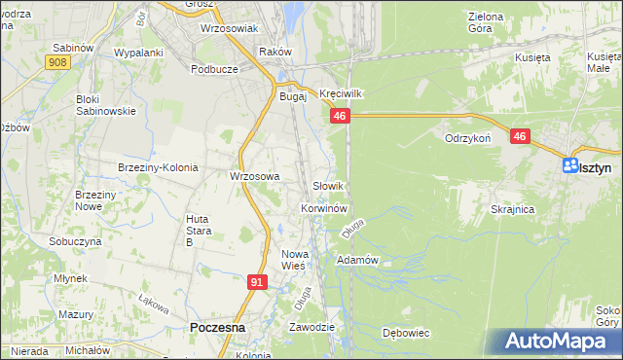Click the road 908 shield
[57, 62]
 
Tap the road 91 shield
[256, 282]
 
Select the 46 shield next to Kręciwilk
[339, 116]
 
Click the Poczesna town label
[217, 329]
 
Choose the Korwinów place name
[324, 208]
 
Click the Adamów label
[356, 261]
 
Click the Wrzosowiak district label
[228, 29]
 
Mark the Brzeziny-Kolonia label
[158, 167]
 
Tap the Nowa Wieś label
[294, 259]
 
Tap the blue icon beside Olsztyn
[570, 166]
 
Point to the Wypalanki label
[137, 52]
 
